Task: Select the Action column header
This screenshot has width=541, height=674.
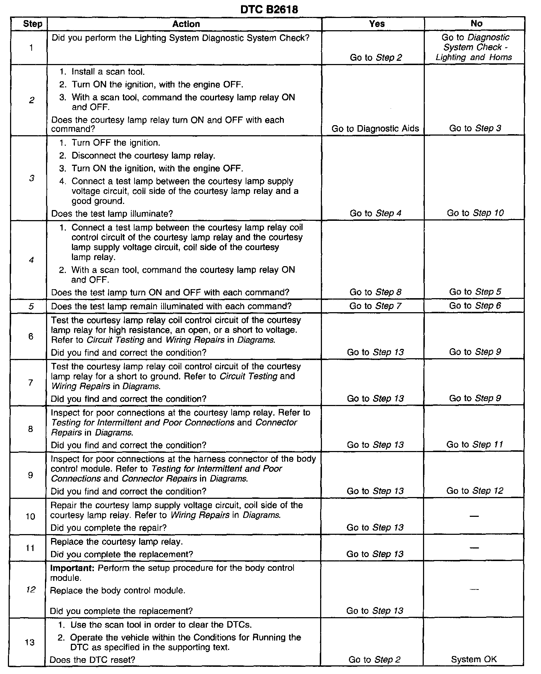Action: (186, 24)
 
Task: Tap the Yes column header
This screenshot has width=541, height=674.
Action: (377, 24)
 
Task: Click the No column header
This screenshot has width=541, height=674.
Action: (476, 24)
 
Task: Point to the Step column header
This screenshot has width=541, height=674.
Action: (32, 24)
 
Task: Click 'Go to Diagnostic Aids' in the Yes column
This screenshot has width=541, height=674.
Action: (375, 129)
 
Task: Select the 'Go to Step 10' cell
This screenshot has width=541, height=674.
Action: (475, 213)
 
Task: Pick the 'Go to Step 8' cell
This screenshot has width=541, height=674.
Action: (375, 292)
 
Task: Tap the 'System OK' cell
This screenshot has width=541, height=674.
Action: (474, 659)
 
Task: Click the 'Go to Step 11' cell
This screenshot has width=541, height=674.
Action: (474, 445)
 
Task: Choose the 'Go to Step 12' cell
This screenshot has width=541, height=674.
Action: (474, 491)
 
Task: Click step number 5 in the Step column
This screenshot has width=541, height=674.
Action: (31, 306)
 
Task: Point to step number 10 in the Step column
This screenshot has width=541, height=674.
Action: (31, 516)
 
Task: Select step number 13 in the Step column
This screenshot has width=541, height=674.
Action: (30, 642)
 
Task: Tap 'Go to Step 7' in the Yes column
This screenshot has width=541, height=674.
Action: (375, 306)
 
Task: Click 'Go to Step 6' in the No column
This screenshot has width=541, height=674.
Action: (475, 306)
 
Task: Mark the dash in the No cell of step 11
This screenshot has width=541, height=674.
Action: (474, 548)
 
